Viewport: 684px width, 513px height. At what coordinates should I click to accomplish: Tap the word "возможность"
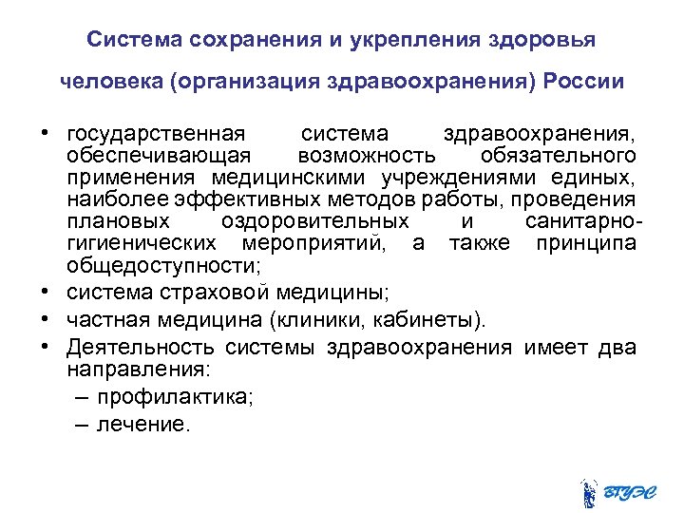tap(367, 155)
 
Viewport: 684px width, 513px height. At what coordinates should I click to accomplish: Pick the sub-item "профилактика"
tap(175, 397)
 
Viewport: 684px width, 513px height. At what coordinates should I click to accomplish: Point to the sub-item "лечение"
tap(143, 425)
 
